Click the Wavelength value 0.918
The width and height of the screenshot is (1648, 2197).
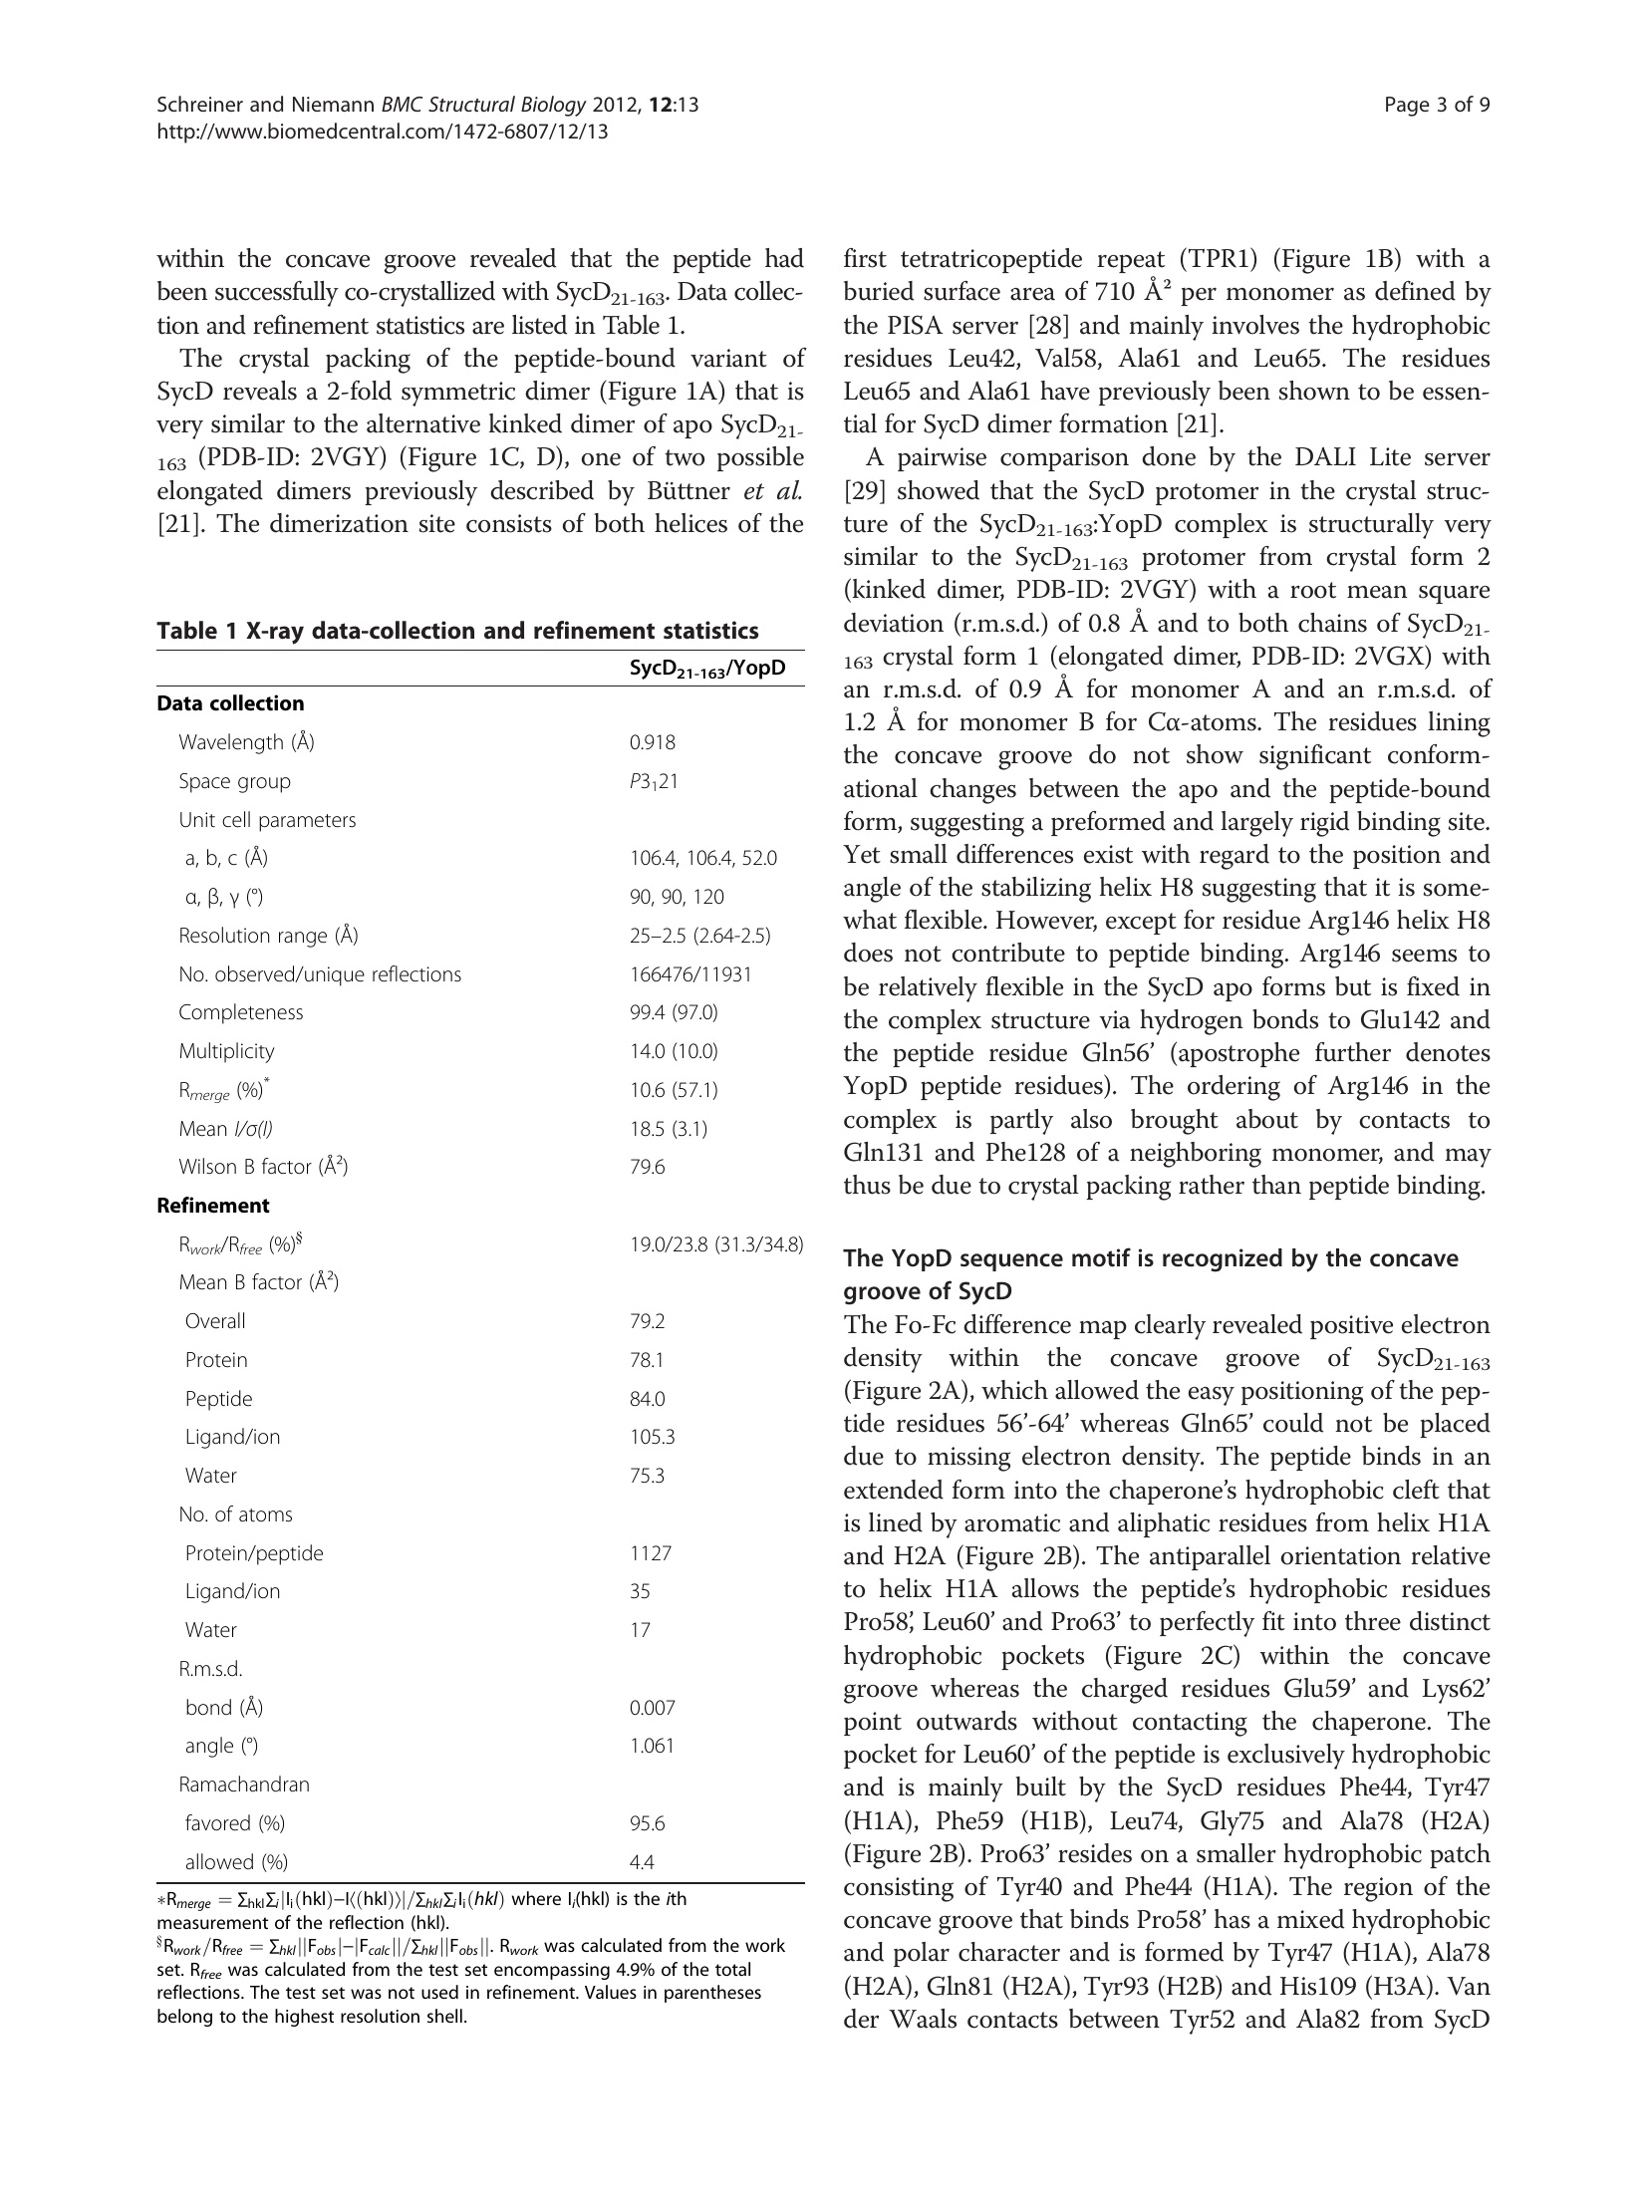click(652, 742)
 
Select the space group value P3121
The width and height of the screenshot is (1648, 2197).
click(653, 781)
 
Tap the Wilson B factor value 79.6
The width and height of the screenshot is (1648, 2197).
click(647, 1167)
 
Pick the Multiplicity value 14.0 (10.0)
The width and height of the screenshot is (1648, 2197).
click(673, 1051)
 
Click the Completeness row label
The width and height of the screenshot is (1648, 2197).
click(240, 1012)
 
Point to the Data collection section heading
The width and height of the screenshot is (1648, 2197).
click(230, 703)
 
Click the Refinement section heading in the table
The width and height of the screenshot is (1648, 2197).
click(213, 1206)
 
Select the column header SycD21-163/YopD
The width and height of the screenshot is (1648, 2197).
click(707, 669)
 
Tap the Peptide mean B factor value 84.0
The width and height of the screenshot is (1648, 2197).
click(647, 1399)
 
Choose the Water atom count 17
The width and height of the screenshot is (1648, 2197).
click(640, 1630)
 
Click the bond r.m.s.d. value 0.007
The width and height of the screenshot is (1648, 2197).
click(652, 1708)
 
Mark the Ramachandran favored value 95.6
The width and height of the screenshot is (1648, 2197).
click(647, 1823)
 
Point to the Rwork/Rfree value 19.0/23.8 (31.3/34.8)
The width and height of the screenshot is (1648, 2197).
click(715, 1244)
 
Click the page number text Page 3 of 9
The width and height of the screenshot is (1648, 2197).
click(1437, 106)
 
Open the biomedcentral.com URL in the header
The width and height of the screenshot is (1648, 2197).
click(383, 131)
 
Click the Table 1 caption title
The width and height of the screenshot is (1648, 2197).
click(457, 631)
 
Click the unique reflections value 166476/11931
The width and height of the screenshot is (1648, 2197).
click(689, 974)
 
